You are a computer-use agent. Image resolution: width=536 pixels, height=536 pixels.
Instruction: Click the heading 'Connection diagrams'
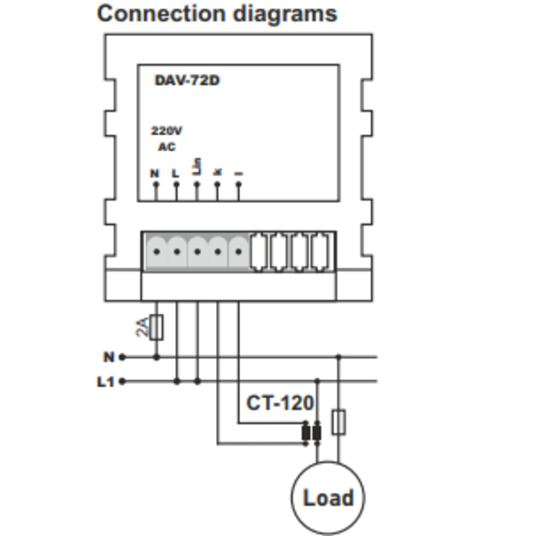216,14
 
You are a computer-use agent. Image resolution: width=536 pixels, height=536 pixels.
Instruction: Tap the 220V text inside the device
166,130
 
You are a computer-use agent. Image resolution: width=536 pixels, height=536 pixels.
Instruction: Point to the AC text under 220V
166,147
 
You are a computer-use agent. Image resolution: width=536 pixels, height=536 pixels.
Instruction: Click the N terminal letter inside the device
154,173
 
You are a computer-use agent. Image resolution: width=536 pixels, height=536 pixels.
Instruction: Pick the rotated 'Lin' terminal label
197,166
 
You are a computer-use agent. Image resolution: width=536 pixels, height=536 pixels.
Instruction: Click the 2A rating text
142,326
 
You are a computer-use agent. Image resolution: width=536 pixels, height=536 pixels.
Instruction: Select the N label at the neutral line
109,357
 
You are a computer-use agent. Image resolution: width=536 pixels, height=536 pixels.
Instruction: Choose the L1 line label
106,382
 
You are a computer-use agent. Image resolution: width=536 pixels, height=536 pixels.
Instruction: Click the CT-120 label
280,403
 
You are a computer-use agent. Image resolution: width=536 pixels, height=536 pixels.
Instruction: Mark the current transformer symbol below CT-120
311,434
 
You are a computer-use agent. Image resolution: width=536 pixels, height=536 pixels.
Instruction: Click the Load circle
327,498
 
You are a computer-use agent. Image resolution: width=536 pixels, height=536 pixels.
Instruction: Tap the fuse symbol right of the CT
338,422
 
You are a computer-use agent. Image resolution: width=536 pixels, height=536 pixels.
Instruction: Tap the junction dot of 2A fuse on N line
156,357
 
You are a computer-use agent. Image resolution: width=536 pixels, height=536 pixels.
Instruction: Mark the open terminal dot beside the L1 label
122,382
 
